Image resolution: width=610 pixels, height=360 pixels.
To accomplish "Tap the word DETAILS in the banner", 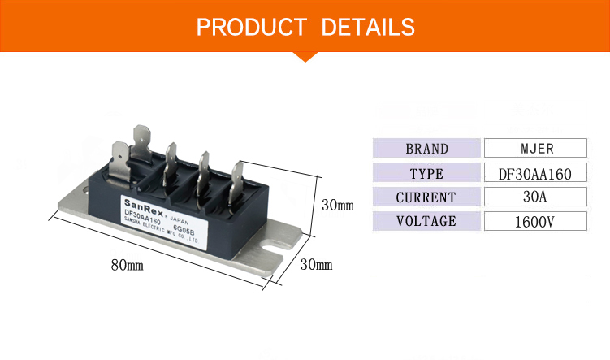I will [368, 27].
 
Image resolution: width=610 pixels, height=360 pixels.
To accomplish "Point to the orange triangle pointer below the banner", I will [305, 55].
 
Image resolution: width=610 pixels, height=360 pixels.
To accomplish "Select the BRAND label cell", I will [426, 148].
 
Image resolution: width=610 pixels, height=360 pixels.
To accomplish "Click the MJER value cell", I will [534, 148].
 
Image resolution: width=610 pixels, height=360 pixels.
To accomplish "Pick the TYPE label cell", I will [426, 173].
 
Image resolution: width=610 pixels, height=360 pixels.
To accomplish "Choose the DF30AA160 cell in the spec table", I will [534, 173].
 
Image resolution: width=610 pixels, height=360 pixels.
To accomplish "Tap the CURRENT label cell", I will [426, 197].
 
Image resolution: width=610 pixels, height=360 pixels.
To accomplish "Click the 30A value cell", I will [534, 197].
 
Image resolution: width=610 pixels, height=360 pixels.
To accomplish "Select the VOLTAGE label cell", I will [426, 221].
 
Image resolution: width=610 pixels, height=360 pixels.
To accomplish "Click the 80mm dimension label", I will [127, 266].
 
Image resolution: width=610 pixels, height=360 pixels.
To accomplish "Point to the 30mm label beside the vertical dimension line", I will [337, 205].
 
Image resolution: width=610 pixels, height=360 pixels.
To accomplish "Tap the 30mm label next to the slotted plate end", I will [316, 265].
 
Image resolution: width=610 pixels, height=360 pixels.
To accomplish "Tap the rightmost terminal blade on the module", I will [238, 178].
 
